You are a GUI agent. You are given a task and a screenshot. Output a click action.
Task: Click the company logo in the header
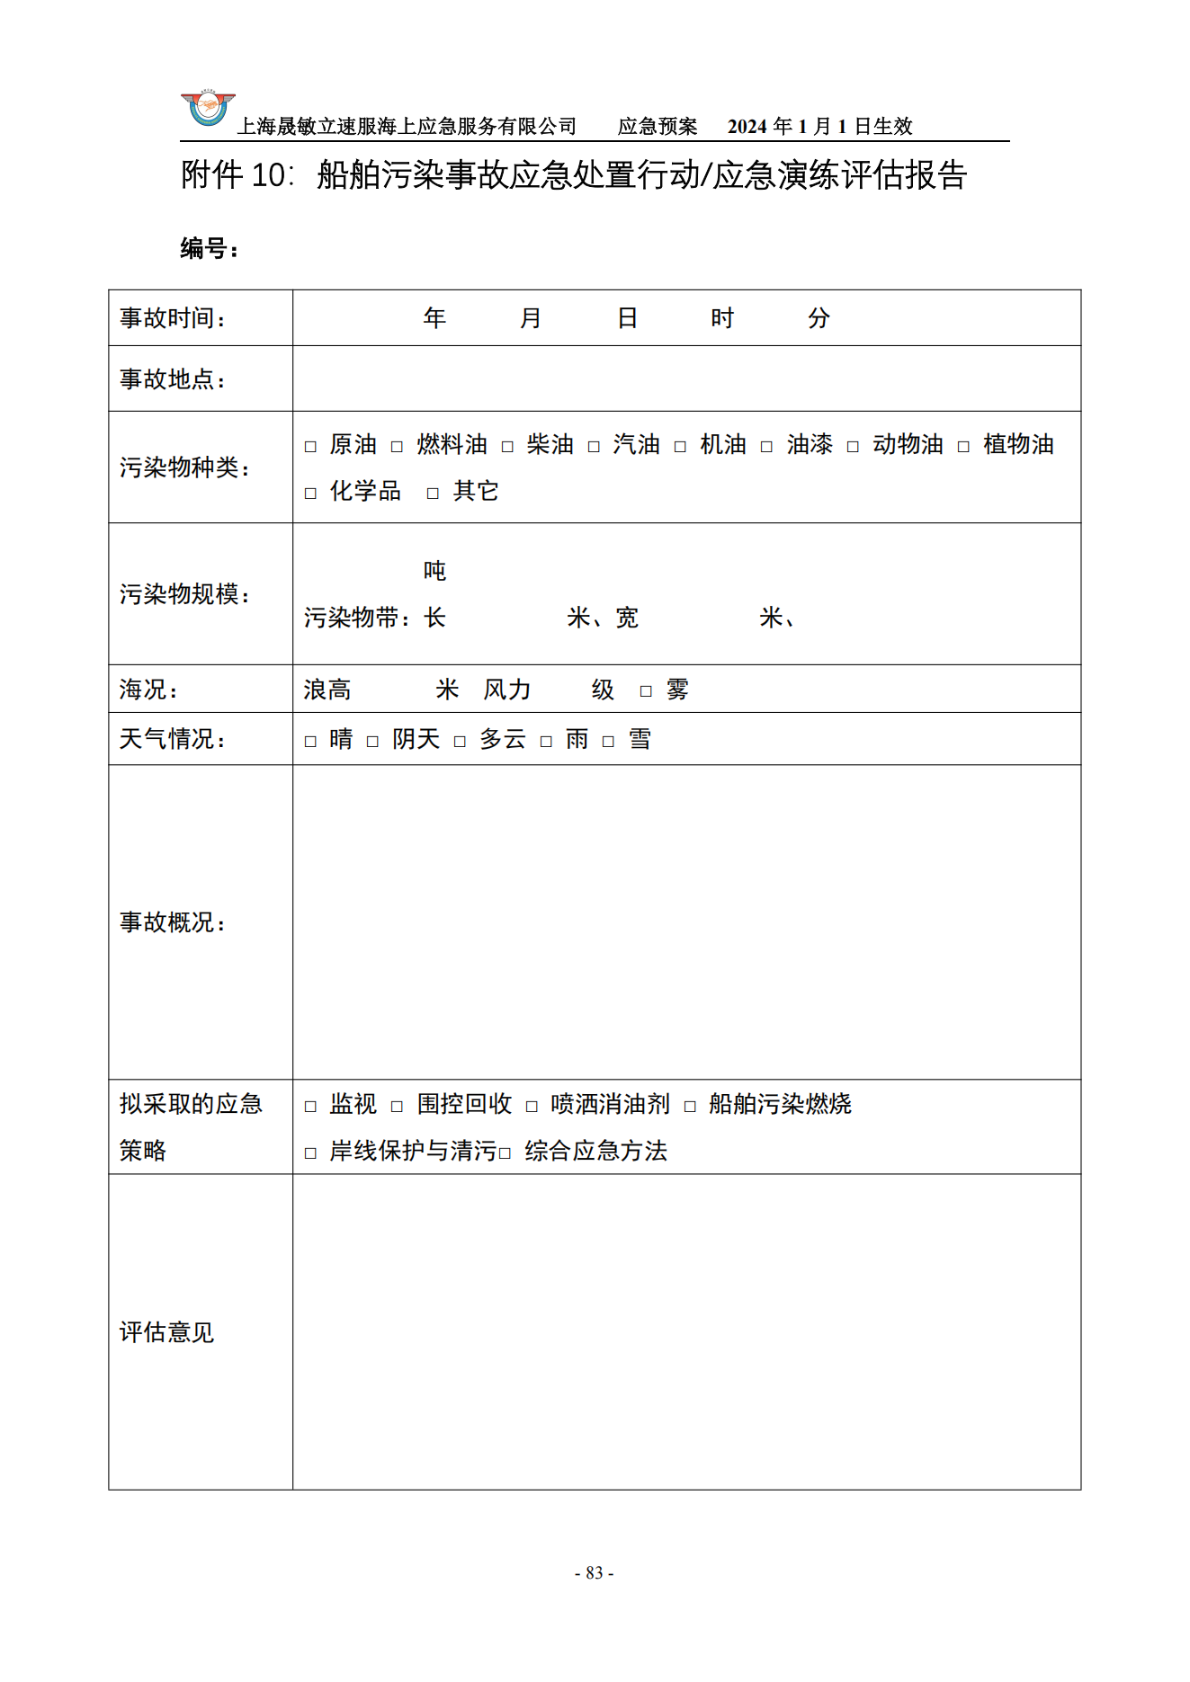pyautogui.click(x=208, y=110)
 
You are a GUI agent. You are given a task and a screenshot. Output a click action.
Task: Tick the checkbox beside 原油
pyautogui.click(x=310, y=447)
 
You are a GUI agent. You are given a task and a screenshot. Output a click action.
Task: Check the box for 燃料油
pyautogui.click(x=397, y=447)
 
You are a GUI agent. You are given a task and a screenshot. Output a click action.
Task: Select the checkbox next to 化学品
pyautogui.click(x=310, y=494)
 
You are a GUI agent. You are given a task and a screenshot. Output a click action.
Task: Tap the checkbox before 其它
pyautogui.click(x=433, y=494)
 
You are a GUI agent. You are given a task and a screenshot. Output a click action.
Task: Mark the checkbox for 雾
pyautogui.click(x=646, y=691)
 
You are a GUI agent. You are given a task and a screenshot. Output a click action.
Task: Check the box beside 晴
pyautogui.click(x=310, y=742)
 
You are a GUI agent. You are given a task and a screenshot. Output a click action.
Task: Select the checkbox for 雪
pyautogui.click(x=609, y=742)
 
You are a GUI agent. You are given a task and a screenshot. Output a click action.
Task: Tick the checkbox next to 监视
pyautogui.click(x=310, y=1107)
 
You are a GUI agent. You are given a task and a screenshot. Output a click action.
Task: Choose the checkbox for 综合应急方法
pyautogui.click(x=506, y=1153)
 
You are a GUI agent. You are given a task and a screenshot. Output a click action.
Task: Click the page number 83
pyautogui.click(x=594, y=1572)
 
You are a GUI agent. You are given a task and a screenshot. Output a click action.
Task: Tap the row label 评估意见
pyautogui.click(x=166, y=1332)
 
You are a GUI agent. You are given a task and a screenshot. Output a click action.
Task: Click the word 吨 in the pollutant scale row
pyautogui.click(x=434, y=571)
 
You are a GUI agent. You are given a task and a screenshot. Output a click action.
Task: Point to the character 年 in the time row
pyautogui.click(x=434, y=318)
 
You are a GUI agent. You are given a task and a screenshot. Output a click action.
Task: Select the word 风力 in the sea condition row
pyautogui.click(x=507, y=690)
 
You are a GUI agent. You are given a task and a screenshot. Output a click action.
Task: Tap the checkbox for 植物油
pyautogui.click(x=963, y=447)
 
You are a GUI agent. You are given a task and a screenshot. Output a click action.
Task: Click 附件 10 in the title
pyautogui.click(x=237, y=175)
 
